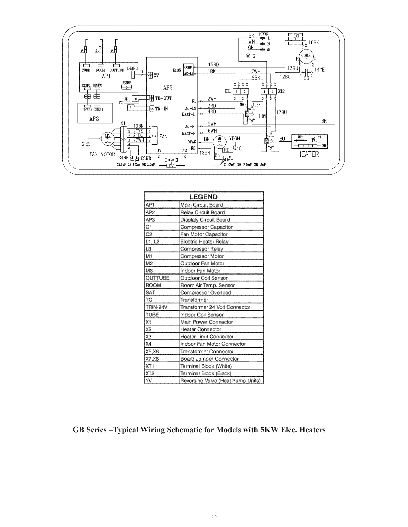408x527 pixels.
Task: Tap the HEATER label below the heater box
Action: [308, 154]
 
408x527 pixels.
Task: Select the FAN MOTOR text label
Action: [102, 154]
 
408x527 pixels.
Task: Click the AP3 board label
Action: [95, 118]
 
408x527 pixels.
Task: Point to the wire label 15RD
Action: [213, 65]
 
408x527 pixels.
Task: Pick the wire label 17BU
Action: [282, 112]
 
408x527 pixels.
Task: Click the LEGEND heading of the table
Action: [203, 197]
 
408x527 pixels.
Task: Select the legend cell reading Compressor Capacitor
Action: [206, 227]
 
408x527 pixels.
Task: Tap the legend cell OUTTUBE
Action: [157, 278]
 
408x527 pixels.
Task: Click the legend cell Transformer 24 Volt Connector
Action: [215, 307]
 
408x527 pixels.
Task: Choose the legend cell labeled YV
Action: [149, 381]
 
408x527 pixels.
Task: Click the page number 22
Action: [214, 517]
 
